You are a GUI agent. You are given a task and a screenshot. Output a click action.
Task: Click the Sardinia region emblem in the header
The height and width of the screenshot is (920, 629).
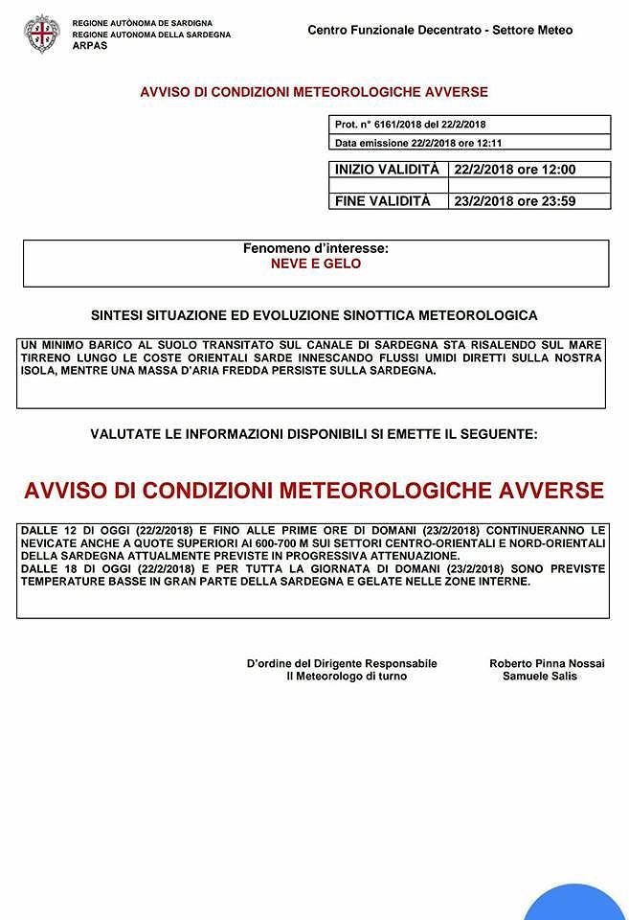point(41,34)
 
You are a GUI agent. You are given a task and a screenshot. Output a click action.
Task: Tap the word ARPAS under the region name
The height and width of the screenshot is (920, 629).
point(90,45)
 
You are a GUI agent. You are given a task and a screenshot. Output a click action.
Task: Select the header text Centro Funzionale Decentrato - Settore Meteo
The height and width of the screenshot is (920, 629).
point(439,30)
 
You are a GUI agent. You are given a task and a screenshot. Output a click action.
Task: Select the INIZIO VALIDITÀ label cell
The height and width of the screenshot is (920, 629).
point(387,170)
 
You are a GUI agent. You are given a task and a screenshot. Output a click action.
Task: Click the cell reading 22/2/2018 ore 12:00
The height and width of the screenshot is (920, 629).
point(515,170)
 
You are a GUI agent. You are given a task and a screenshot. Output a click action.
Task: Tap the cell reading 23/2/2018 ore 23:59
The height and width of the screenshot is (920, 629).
point(515,201)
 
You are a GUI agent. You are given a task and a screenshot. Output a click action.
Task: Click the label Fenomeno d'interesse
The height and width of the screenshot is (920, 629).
point(316,248)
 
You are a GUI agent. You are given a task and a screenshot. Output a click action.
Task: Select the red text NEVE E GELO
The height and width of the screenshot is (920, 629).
point(316,264)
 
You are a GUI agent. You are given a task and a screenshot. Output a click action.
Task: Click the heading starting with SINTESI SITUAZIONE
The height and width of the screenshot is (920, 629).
point(314,314)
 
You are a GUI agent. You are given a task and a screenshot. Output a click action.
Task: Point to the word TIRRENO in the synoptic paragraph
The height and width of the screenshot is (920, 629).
point(45,357)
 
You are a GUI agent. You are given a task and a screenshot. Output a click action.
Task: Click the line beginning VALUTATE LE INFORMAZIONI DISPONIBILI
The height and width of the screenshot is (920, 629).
point(314,434)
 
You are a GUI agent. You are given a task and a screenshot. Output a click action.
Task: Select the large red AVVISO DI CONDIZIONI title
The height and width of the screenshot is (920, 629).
point(314,491)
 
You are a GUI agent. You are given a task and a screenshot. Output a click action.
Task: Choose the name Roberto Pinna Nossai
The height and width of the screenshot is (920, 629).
point(547,663)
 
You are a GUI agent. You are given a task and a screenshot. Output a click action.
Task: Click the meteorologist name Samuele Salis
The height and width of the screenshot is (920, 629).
point(539,677)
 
